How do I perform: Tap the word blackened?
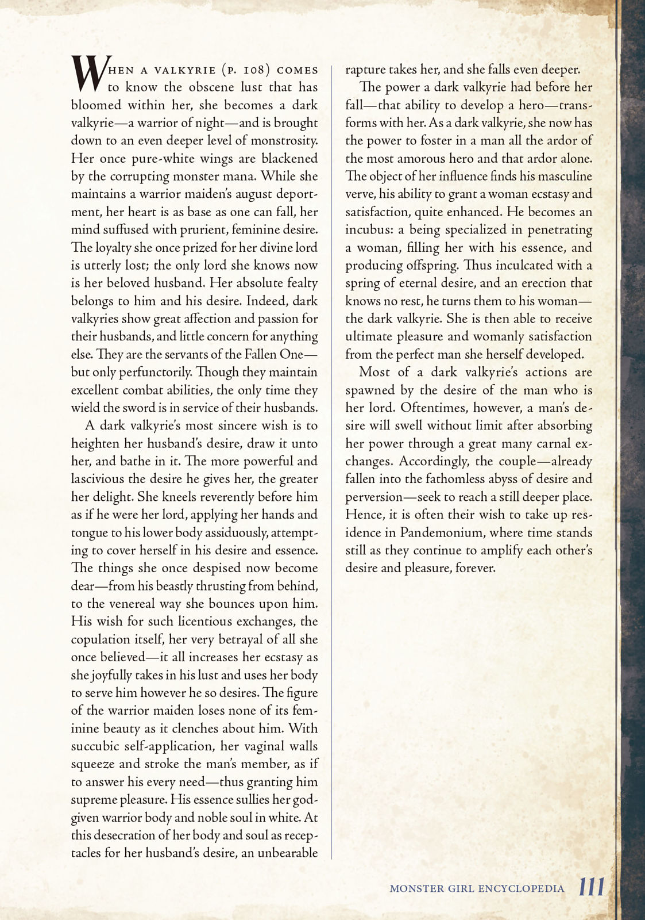(x=289, y=158)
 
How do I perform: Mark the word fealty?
(x=302, y=283)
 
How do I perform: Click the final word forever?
(x=474, y=568)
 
